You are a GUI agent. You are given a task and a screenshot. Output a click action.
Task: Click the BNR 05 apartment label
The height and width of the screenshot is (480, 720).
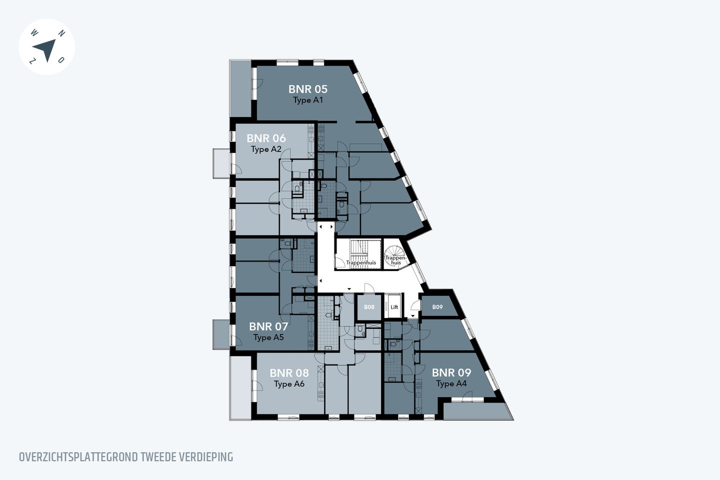pos(307,89)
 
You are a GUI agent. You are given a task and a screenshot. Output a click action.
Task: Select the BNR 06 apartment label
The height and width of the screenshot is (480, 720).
pos(266,138)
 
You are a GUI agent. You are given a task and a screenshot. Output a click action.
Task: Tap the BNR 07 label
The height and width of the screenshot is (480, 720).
pos(268,326)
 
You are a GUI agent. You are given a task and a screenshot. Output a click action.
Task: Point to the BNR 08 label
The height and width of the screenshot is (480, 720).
pos(289,373)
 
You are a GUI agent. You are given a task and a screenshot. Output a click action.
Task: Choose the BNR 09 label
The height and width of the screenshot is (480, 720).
pos(451,372)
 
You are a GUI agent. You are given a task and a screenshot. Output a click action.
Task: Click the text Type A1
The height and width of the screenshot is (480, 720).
pos(308,100)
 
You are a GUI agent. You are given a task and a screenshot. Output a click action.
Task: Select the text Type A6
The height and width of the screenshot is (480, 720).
pos(289,384)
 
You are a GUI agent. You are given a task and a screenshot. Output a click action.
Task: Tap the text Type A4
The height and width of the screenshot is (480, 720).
pos(451,384)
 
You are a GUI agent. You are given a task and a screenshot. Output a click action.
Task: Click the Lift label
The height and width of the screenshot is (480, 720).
pos(394,307)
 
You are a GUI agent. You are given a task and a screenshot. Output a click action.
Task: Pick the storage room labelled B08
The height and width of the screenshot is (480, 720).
pos(369,307)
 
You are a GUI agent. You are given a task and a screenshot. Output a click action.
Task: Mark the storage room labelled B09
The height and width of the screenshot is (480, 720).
pos(437,307)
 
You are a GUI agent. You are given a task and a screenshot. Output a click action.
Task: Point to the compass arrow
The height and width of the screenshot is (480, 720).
pos(45,49)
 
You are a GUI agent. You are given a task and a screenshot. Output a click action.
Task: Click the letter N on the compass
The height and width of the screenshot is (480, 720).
pos(61,33)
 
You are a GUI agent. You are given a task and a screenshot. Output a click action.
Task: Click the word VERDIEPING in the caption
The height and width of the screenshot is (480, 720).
pos(206,457)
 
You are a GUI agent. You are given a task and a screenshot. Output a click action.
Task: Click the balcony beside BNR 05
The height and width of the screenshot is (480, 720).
pos(240,89)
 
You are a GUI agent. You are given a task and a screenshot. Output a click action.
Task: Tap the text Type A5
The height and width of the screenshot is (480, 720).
pos(268,337)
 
